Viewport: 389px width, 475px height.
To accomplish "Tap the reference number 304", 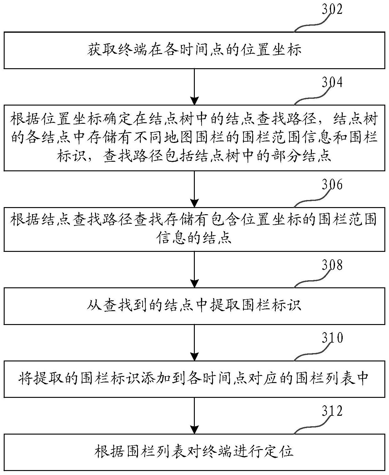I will point(332,82).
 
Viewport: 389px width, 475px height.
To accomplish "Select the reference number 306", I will point(332,185).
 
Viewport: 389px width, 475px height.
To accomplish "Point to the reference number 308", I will point(332,265).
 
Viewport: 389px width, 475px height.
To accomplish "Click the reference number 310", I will point(332,338).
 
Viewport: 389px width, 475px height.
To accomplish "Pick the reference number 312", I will point(332,411).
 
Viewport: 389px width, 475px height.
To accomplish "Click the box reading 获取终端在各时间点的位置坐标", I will point(194,50).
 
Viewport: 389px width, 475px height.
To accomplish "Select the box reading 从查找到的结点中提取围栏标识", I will point(194,306).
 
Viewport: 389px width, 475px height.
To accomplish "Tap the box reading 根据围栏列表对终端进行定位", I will point(194,452).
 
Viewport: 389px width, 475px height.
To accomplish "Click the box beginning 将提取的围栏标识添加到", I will point(194,379).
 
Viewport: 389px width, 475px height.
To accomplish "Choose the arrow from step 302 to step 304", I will point(194,87).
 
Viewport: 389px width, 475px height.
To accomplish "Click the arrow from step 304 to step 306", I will point(194,189).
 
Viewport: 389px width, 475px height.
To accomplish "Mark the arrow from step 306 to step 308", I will point(194,269).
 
